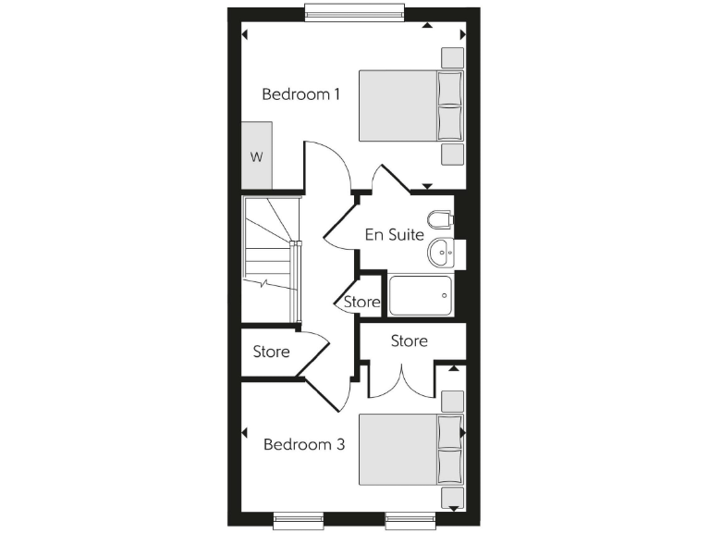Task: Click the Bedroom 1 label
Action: point(301,94)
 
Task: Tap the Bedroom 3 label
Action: point(304,445)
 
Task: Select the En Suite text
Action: point(394,234)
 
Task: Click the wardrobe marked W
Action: point(257,156)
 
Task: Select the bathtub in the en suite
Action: point(421,295)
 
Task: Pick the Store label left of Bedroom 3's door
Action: point(271,352)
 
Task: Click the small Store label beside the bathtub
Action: point(361,302)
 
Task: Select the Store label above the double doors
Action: point(409,341)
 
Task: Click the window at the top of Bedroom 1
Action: point(354,11)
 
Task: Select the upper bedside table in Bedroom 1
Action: point(452,56)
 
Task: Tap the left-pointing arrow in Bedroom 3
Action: point(245,432)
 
